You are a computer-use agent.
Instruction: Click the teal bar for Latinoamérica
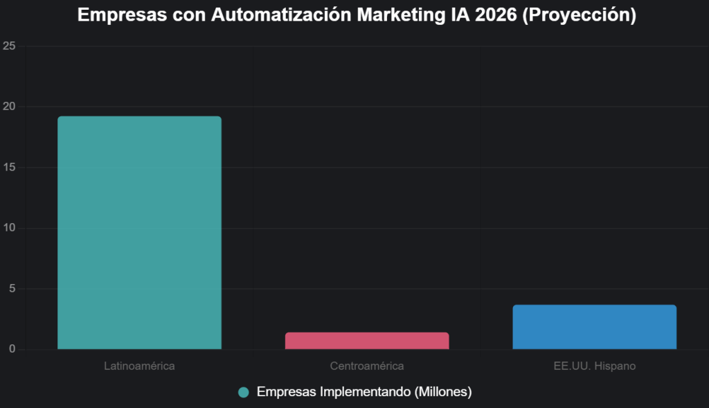pos(139,233)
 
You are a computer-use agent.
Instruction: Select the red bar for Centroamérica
pos(367,341)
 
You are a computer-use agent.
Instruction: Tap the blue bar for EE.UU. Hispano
pos(594,327)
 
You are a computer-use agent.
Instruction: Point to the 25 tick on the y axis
pos(9,46)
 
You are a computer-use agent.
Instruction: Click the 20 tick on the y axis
pos(9,107)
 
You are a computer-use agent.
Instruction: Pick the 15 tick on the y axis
pos(9,168)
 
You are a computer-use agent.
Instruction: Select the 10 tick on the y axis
pos(9,228)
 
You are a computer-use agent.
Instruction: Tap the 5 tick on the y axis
pos(12,289)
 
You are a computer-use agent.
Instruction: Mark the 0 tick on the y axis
pos(12,349)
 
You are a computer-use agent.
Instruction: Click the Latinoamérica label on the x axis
pos(139,366)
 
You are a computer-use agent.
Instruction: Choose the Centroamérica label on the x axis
pos(367,366)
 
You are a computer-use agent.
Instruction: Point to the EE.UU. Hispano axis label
pos(594,366)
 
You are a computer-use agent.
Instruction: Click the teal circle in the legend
pos(243,392)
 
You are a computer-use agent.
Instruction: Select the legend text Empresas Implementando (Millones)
pos(364,392)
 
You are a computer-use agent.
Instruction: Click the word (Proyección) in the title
pos(579,15)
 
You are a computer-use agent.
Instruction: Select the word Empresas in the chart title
pos(115,15)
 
